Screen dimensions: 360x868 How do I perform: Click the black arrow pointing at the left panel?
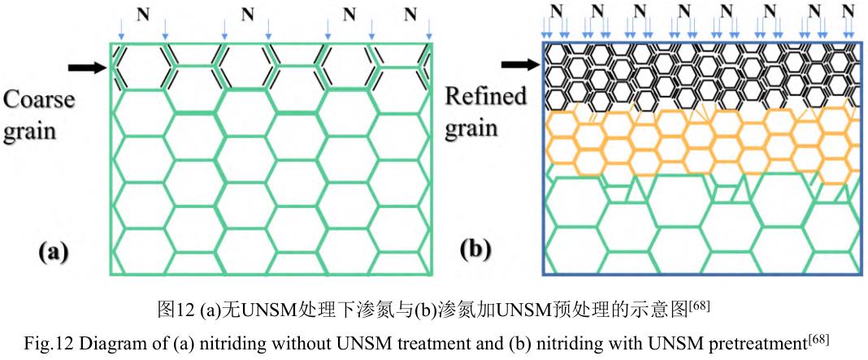point(89,67)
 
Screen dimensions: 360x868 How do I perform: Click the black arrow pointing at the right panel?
point(520,63)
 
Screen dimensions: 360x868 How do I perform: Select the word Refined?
point(486,96)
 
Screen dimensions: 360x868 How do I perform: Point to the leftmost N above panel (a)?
point(143,14)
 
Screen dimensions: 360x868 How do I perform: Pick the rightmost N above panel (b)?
point(849,11)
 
